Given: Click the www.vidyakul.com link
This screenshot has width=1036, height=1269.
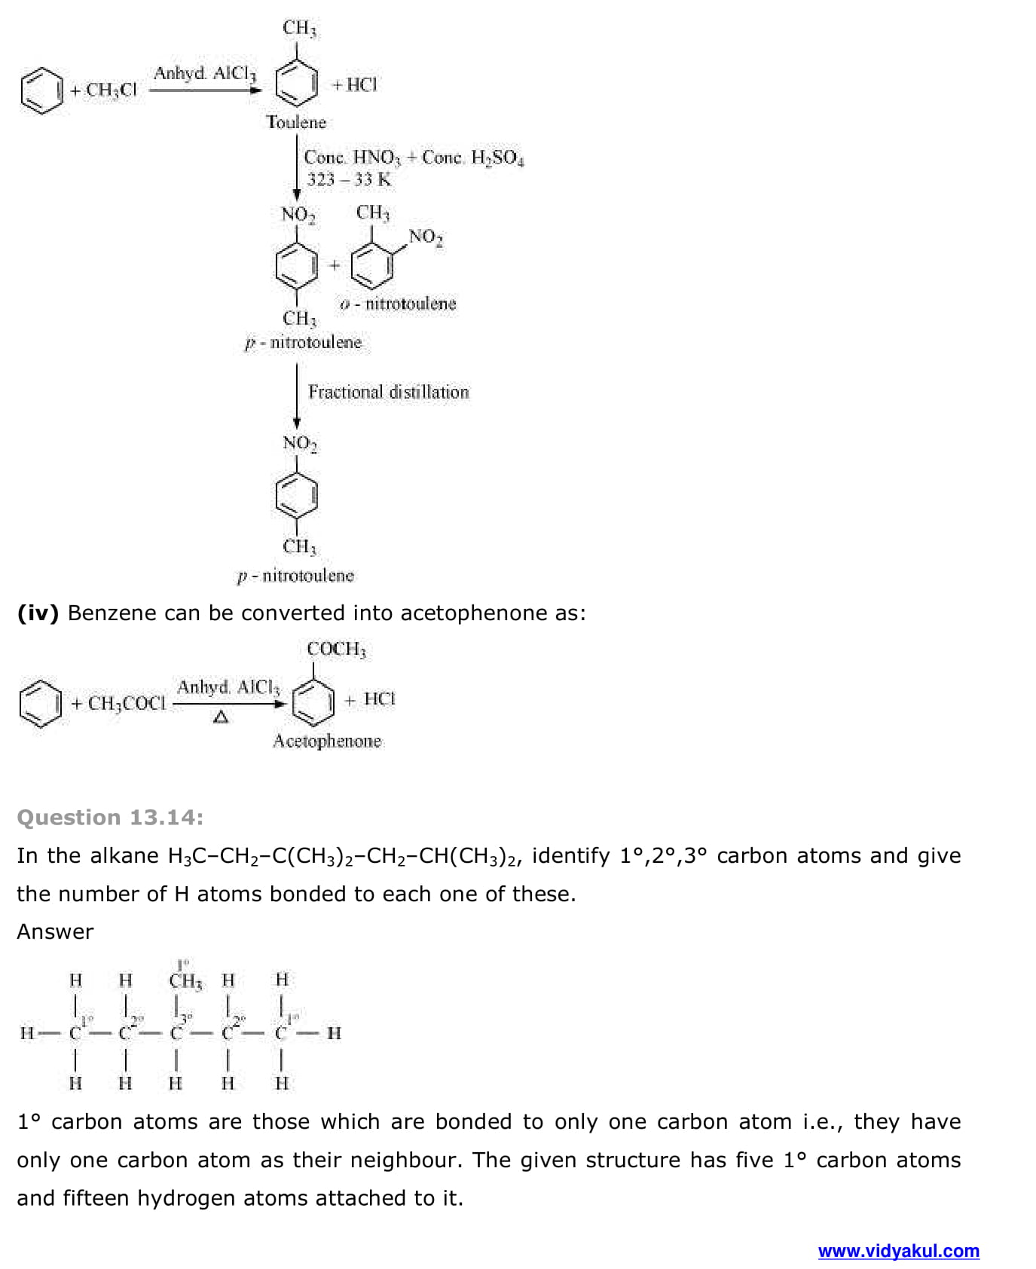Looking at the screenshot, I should (898, 1251).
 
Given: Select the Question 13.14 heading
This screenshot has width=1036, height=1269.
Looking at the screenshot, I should (110, 818).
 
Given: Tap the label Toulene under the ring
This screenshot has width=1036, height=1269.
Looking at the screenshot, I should (296, 122).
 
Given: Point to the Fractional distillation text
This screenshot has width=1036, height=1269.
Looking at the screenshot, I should (388, 392).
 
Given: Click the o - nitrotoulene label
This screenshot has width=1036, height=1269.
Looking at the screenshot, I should (398, 304).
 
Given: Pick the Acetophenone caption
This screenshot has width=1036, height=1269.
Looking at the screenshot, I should (327, 741).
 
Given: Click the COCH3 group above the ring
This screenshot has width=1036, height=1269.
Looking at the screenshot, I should (336, 649).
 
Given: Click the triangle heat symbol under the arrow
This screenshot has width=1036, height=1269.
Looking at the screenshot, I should (221, 717).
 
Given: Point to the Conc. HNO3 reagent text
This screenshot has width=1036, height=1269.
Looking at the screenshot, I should (352, 157).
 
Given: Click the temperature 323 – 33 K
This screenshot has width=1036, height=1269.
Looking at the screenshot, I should (349, 179).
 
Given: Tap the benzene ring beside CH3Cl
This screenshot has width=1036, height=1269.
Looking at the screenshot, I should (41, 90).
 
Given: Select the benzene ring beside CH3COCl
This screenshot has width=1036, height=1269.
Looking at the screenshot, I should (40, 703).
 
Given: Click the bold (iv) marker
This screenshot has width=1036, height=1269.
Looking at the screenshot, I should (38, 613).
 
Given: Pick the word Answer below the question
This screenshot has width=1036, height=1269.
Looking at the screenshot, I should (55, 932).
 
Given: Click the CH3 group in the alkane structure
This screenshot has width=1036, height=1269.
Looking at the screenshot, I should (185, 980).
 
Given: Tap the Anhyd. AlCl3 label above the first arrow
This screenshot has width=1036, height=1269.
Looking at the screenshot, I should (205, 73).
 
